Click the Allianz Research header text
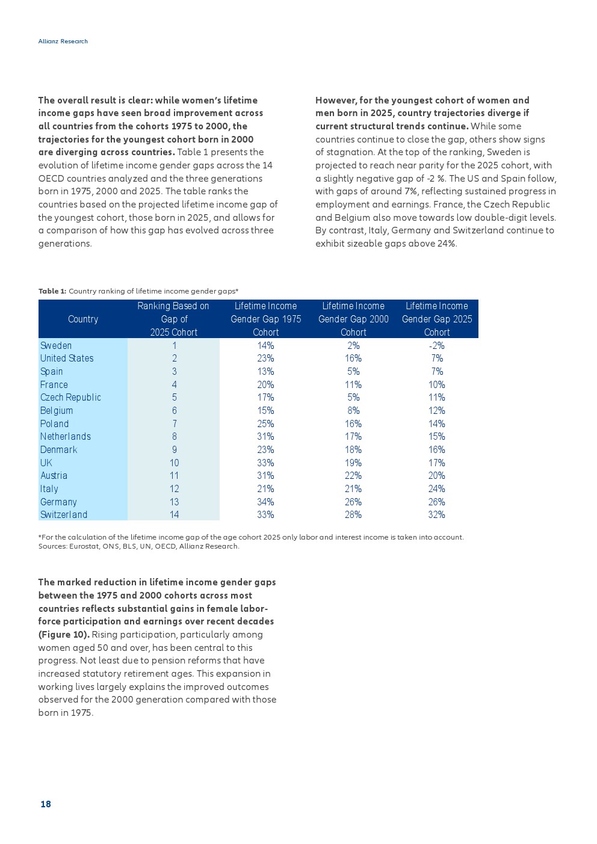[63, 42]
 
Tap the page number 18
[46, 804]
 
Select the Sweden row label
[56, 345]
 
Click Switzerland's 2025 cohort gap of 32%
[436, 515]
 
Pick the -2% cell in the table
[436, 345]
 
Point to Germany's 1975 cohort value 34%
[265, 502]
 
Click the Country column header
[83, 319]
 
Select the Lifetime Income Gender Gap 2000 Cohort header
[353, 319]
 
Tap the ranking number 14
[174, 515]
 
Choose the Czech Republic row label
[70, 398]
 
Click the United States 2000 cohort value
[353, 359]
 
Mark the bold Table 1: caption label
[52, 291]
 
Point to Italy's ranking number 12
[174, 489]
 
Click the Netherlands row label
[66, 437]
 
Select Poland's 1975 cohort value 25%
[265, 424]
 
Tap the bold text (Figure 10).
[64, 635]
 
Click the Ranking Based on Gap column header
[173, 319]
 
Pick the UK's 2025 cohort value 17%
[436, 463]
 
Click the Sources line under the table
[139, 546]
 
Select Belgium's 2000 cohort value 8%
[353, 411]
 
